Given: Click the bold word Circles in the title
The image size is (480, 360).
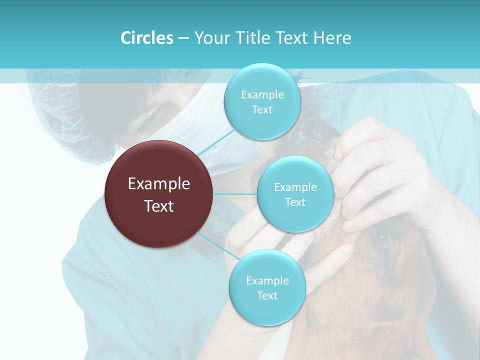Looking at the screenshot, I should click(147, 38).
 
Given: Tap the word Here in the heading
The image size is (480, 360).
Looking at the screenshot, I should click(332, 38).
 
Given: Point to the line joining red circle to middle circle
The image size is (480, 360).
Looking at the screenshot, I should click(235, 194).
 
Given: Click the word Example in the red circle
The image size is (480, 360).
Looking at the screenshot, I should click(159, 184).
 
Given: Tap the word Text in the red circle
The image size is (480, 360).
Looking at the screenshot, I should click(159, 206).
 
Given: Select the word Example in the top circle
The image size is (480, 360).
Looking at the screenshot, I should click(262, 94).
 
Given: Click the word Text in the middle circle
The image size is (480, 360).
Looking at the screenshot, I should click(295, 202).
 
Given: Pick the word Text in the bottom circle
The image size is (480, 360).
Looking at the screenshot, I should click(267, 295).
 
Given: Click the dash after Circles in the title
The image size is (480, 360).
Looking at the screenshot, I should click(183, 38).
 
